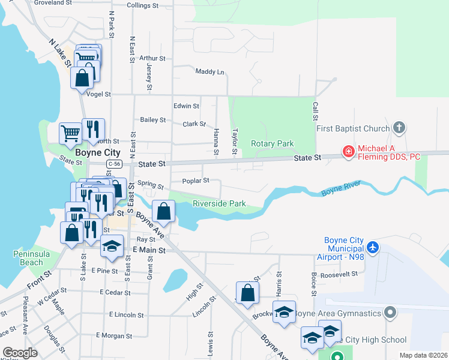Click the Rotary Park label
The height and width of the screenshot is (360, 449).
click(x=272, y=143)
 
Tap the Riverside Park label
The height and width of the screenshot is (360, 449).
click(x=219, y=203)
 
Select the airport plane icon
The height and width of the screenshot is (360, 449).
click(x=373, y=247)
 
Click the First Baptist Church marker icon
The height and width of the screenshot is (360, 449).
click(x=399, y=128)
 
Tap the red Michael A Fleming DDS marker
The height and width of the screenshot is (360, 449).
click(x=348, y=152)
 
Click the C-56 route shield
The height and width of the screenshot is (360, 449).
click(x=115, y=163)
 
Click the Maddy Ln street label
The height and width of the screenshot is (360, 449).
click(x=209, y=71)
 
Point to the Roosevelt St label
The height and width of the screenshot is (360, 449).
click(x=339, y=274)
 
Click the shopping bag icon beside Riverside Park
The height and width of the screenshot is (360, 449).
click(x=163, y=211)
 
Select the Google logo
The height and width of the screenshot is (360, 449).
click(x=20, y=353)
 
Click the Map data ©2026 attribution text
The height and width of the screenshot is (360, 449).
click(x=423, y=355)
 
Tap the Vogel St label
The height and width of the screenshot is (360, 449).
click(x=99, y=94)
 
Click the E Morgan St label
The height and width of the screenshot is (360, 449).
click(x=114, y=335)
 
